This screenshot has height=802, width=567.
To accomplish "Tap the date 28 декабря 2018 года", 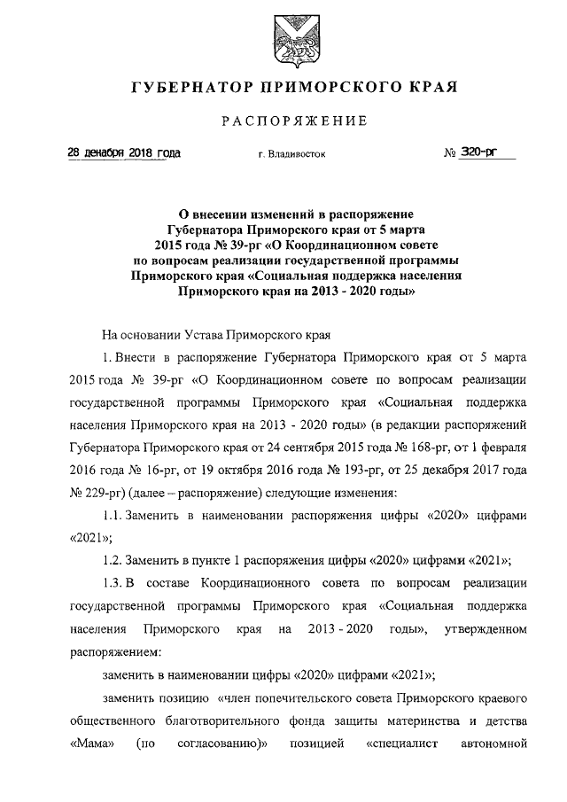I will coord(124,153).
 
